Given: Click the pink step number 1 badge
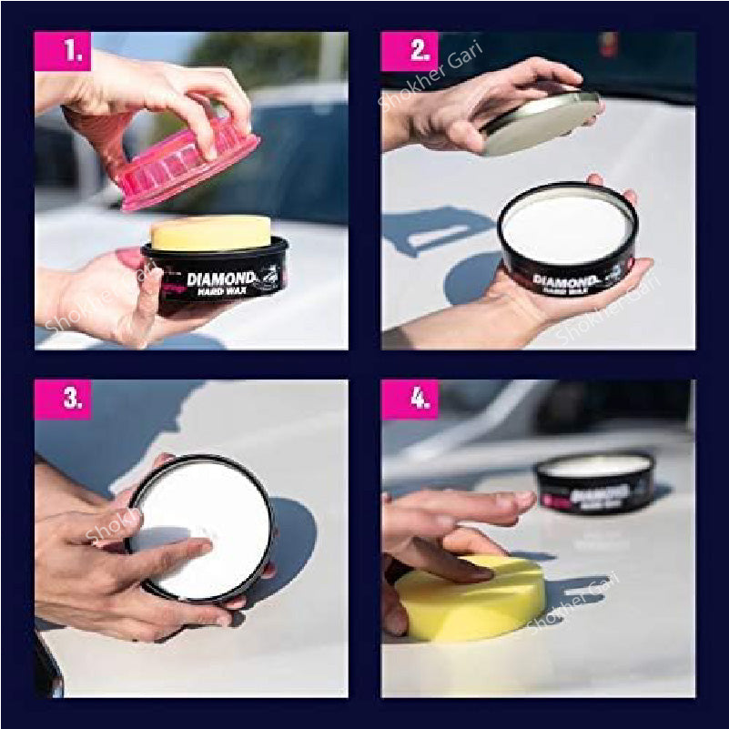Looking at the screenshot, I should pyautogui.click(x=63, y=51).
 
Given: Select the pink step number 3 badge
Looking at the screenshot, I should pyautogui.click(x=63, y=400).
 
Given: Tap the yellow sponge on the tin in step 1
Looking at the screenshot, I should pyautogui.click(x=211, y=233).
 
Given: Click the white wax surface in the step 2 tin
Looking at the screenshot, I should pyautogui.click(x=566, y=228).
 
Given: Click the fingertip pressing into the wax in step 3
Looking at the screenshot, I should pyautogui.click(x=203, y=548).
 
